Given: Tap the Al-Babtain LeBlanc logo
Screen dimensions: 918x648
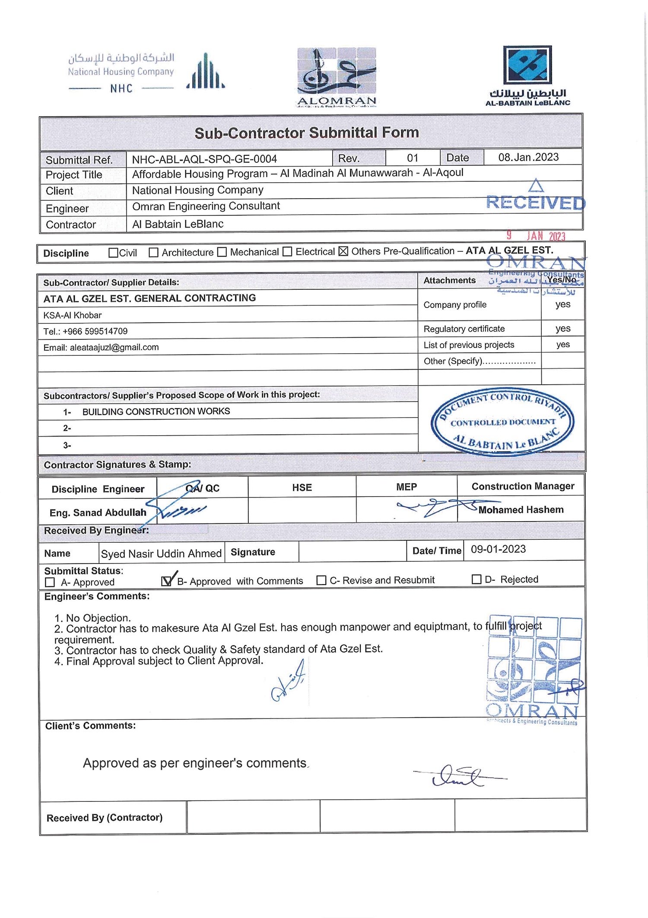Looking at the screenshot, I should click(x=527, y=76).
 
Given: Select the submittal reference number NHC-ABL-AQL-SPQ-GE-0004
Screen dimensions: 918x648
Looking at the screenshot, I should click(x=204, y=159).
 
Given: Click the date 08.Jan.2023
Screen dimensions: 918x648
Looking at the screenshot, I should click(x=528, y=157).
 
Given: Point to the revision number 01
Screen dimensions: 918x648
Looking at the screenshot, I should click(x=413, y=158).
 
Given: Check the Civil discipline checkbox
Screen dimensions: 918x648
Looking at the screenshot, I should click(x=113, y=253).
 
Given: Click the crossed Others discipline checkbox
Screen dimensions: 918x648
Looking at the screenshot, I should click(x=343, y=251).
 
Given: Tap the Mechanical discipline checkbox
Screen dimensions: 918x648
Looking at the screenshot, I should click(x=222, y=252).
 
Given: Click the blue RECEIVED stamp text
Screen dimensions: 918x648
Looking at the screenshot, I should click(x=536, y=203).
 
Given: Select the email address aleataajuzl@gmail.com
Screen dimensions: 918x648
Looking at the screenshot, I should click(x=114, y=348).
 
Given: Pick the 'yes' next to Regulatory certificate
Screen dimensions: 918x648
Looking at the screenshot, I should click(x=563, y=329).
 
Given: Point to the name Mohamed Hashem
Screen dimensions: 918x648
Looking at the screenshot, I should click(x=521, y=510).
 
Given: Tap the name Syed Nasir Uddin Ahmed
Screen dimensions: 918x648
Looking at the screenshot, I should click(x=161, y=554).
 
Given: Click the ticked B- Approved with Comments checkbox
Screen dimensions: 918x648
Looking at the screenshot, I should click(x=166, y=581).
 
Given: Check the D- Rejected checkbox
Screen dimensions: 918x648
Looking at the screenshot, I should click(x=476, y=579).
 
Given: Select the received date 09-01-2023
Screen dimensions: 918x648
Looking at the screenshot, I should click(x=498, y=549).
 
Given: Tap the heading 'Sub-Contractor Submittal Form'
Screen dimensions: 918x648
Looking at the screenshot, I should click(x=307, y=133).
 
